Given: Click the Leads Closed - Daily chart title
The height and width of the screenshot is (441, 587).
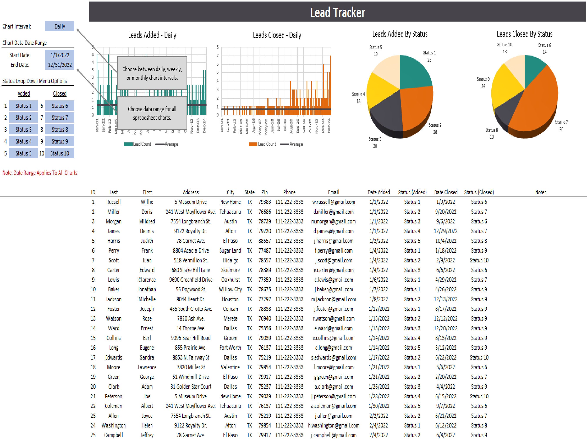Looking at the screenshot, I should (x=277, y=35).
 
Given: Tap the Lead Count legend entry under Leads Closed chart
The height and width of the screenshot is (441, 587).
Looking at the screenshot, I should (x=263, y=144).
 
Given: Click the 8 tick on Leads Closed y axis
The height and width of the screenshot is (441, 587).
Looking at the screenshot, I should (x=218, y=47).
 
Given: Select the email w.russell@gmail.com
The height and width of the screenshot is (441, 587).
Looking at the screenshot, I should (x=333, y=202).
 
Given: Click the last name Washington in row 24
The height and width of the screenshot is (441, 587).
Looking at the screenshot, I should (x=113, y=426).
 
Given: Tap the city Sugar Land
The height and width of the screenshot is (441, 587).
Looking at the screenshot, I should (x=230, y=251).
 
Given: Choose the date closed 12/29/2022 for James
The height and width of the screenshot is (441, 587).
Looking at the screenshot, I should (x=445, y=231).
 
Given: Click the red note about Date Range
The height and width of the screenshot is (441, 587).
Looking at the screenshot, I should (x=40, y=173).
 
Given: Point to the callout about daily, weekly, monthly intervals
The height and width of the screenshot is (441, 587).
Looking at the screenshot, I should (x=152, y=73).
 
